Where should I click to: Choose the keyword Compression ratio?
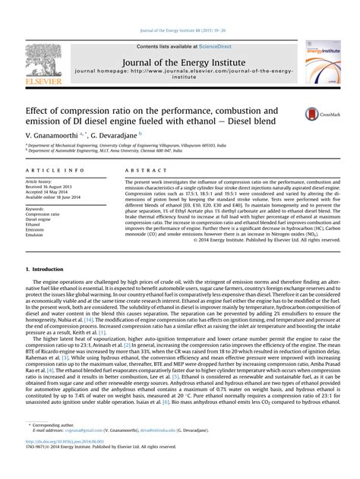(43, 214)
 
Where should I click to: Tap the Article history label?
(42, 182)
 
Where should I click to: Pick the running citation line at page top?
(180, 31)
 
